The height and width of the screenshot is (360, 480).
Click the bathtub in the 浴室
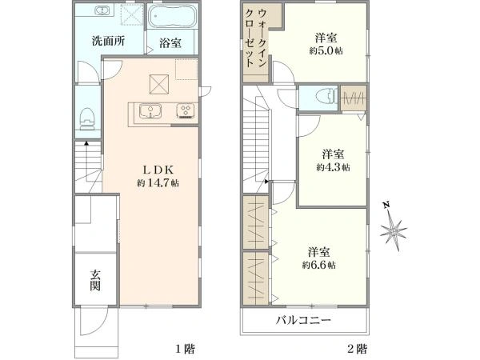coord(172,17)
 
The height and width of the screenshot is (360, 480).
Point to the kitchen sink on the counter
coord(150,111)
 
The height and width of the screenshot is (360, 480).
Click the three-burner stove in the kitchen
coord(185,111)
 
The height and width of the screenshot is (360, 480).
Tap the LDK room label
coord(158,170)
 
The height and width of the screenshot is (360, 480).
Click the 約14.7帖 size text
coord(158,183)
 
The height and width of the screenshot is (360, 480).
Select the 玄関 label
coord(95,280)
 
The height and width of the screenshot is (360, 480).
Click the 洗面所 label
coord(108,41)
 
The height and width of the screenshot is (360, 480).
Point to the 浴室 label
coord(170,43)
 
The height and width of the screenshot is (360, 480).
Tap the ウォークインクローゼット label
coord(256,38)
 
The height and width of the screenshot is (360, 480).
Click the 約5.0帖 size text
coord(326,50)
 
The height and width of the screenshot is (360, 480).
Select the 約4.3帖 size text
coord(333,167)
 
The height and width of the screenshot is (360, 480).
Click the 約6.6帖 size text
coord(319,265)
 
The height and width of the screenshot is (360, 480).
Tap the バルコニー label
coord(303,321)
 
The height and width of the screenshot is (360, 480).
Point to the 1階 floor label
coord(185,349)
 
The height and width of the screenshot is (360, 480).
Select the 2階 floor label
coord(357,349)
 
